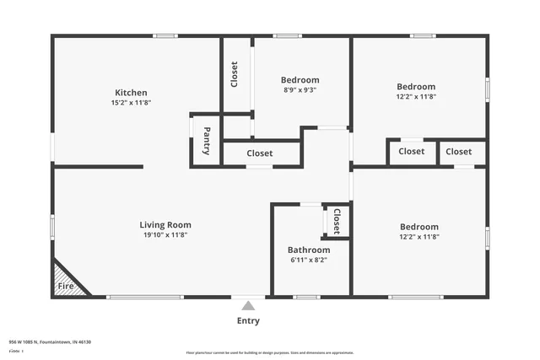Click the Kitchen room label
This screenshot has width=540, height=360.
(x=131, y=93)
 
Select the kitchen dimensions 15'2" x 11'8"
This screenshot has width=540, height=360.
(x=131, y=103)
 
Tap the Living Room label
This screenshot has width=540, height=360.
(x=165, y=225)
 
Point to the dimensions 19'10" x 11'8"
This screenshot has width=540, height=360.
(x=165, y=235)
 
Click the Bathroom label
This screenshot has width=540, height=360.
(x=308, y=250)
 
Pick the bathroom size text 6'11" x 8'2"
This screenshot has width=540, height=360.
(x=308, y=261)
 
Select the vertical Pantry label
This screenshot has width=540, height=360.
(x=207, y=141)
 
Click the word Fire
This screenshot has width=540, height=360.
(x=65, y=287)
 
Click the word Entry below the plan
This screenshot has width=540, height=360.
(x=248, y=321)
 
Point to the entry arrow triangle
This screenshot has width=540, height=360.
(x=248, y=306)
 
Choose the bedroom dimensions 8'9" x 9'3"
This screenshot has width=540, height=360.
(x=300, y=90)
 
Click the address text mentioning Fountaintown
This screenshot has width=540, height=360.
(x=50, y=342)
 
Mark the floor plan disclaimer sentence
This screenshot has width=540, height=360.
(x=270, y=352)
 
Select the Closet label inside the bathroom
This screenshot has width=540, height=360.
(x=336, y=222)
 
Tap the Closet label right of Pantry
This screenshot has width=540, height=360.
(x=260, y=153)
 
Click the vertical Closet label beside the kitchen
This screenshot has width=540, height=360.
(x=235, y=74)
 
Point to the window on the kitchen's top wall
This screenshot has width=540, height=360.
(x=165, y=35)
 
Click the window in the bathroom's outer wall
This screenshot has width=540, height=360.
(x=306, y=297)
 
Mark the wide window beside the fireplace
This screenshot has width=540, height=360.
(x=145, y=297)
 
